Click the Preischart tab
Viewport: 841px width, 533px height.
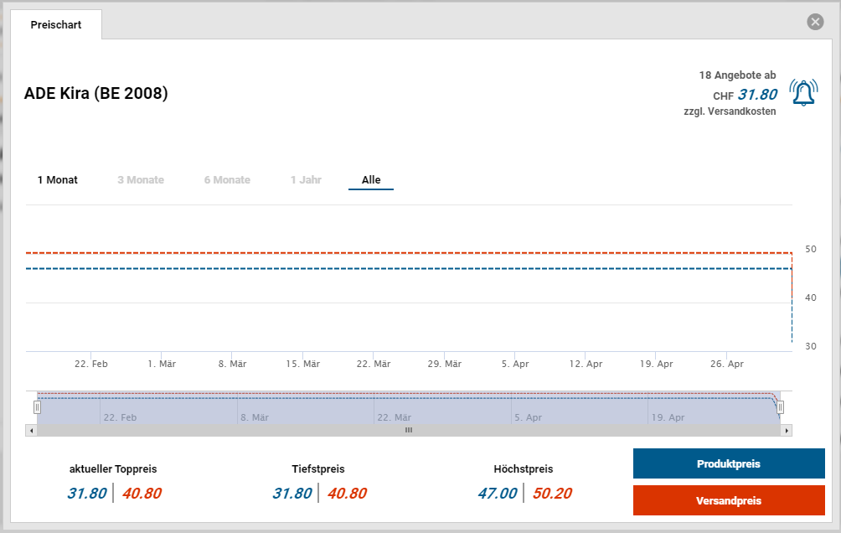(56, 24)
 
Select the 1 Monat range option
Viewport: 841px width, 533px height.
(58, 180)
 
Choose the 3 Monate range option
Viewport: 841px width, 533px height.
(141, 180)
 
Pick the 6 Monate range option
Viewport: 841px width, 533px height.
(227, 180)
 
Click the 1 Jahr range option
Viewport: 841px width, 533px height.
(306, 180)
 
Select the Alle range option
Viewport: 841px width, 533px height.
(371, 180)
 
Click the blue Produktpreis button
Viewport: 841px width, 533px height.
(729, 463)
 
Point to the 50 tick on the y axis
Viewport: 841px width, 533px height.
(811, 249)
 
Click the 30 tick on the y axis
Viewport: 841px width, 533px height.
(811, 346)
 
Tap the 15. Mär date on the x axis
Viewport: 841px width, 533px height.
(302, 364)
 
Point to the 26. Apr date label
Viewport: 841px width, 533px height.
(726, 364)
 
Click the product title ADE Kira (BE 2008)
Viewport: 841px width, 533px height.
(96, 93)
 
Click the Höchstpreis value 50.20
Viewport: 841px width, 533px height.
(552, 494)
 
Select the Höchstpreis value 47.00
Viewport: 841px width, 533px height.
(498, 494)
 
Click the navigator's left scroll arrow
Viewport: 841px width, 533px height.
(32, 430)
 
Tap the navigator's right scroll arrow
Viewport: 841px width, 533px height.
(786, 430)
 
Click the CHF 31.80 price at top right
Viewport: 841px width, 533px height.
(757, 95)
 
